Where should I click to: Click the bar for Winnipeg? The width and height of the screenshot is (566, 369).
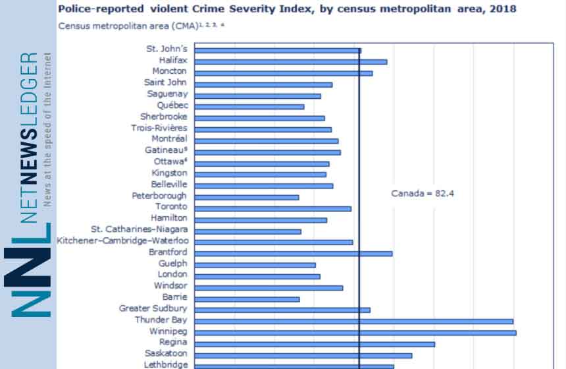point(355,332)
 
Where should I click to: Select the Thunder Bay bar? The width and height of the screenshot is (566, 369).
point(354,321)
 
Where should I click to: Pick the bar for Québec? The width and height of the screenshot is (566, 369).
point(249,106)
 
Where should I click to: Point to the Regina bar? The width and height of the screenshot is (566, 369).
point(315,343)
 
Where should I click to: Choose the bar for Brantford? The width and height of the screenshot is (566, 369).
point(294,253)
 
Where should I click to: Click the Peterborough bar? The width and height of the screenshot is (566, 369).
point(247,197)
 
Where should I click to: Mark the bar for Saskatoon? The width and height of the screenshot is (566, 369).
point(303,355)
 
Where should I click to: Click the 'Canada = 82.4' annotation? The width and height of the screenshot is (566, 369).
point(419,194)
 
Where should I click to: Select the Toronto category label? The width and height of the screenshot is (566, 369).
point(171,207)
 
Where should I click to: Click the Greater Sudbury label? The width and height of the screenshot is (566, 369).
point(153,308)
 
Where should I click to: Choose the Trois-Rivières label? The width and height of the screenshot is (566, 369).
point(159,128)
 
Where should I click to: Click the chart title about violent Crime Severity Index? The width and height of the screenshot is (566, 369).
point(287,9)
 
